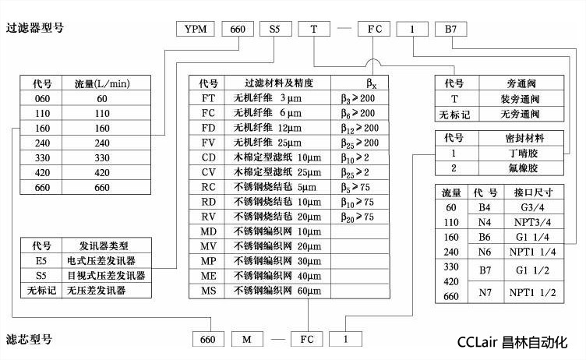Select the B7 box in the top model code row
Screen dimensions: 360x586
click(x=454, y=30)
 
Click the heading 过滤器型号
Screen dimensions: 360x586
click(x=34, y=29)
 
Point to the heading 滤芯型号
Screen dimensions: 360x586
click(x=29, y=339)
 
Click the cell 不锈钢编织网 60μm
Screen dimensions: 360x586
click(x=277, y=290)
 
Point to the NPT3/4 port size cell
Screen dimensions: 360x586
click(x=533, y=222)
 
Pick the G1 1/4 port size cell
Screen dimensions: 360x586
click(x=533, y=236)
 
